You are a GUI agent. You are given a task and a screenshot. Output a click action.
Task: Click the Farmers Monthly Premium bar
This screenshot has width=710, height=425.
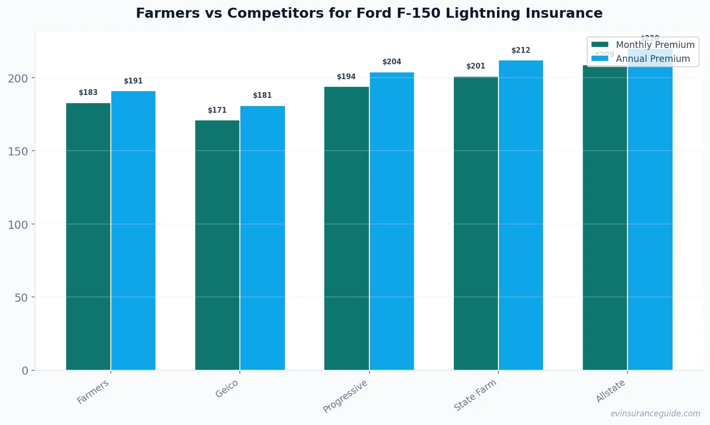88,236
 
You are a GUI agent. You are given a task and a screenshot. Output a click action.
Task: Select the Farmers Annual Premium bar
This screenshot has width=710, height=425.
133,231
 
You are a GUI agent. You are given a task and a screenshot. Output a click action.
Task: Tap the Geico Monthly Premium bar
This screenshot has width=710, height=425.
217,245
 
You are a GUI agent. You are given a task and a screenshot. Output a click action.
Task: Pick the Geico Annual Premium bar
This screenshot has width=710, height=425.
262,238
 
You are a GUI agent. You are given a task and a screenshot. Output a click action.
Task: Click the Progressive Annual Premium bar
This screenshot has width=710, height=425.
391,221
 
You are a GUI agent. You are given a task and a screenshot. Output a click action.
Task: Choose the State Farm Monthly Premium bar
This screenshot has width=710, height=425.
475,224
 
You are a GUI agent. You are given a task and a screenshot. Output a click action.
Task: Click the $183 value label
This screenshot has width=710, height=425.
88,93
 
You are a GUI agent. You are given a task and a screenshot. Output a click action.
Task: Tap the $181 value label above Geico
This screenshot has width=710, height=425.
262,95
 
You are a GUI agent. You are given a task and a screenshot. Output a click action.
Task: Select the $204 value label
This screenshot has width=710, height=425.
391,62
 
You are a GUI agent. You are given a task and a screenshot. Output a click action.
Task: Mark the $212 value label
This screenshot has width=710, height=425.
521,50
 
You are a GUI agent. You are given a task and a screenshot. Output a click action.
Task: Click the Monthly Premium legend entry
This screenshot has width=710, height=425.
643,45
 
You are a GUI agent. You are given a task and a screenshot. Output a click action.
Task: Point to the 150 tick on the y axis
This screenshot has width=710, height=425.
18,151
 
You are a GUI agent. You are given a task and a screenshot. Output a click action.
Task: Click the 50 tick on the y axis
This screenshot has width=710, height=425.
21,297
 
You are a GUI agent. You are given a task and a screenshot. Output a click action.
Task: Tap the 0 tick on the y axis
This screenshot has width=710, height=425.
25,371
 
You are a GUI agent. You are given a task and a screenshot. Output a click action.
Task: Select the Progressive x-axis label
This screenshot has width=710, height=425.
345,396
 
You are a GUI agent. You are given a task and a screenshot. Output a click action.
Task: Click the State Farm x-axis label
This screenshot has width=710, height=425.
475,395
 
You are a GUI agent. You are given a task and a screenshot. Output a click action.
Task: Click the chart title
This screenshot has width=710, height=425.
369,13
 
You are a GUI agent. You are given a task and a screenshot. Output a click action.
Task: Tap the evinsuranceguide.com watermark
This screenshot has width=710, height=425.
655,413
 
